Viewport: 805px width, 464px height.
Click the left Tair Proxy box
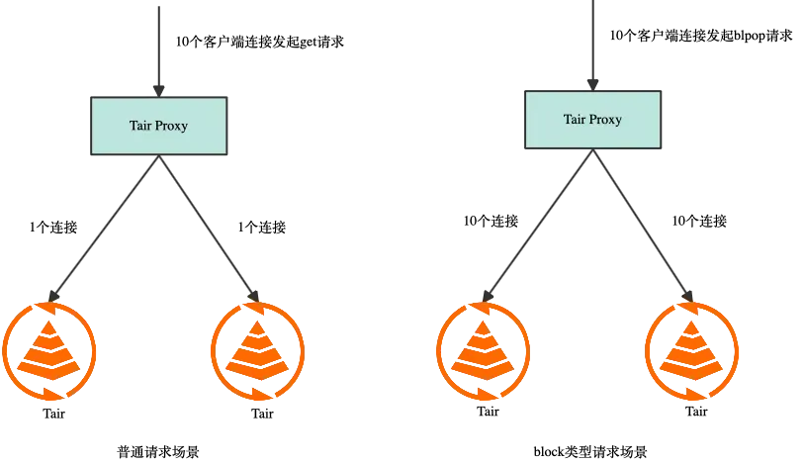158,127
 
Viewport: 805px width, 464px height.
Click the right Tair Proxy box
592,120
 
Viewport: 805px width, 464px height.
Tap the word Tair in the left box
140,127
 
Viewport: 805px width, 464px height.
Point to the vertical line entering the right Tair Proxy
592,45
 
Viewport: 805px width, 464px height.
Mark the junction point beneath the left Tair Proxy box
159,164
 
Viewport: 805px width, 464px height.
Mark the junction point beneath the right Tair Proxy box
592,156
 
